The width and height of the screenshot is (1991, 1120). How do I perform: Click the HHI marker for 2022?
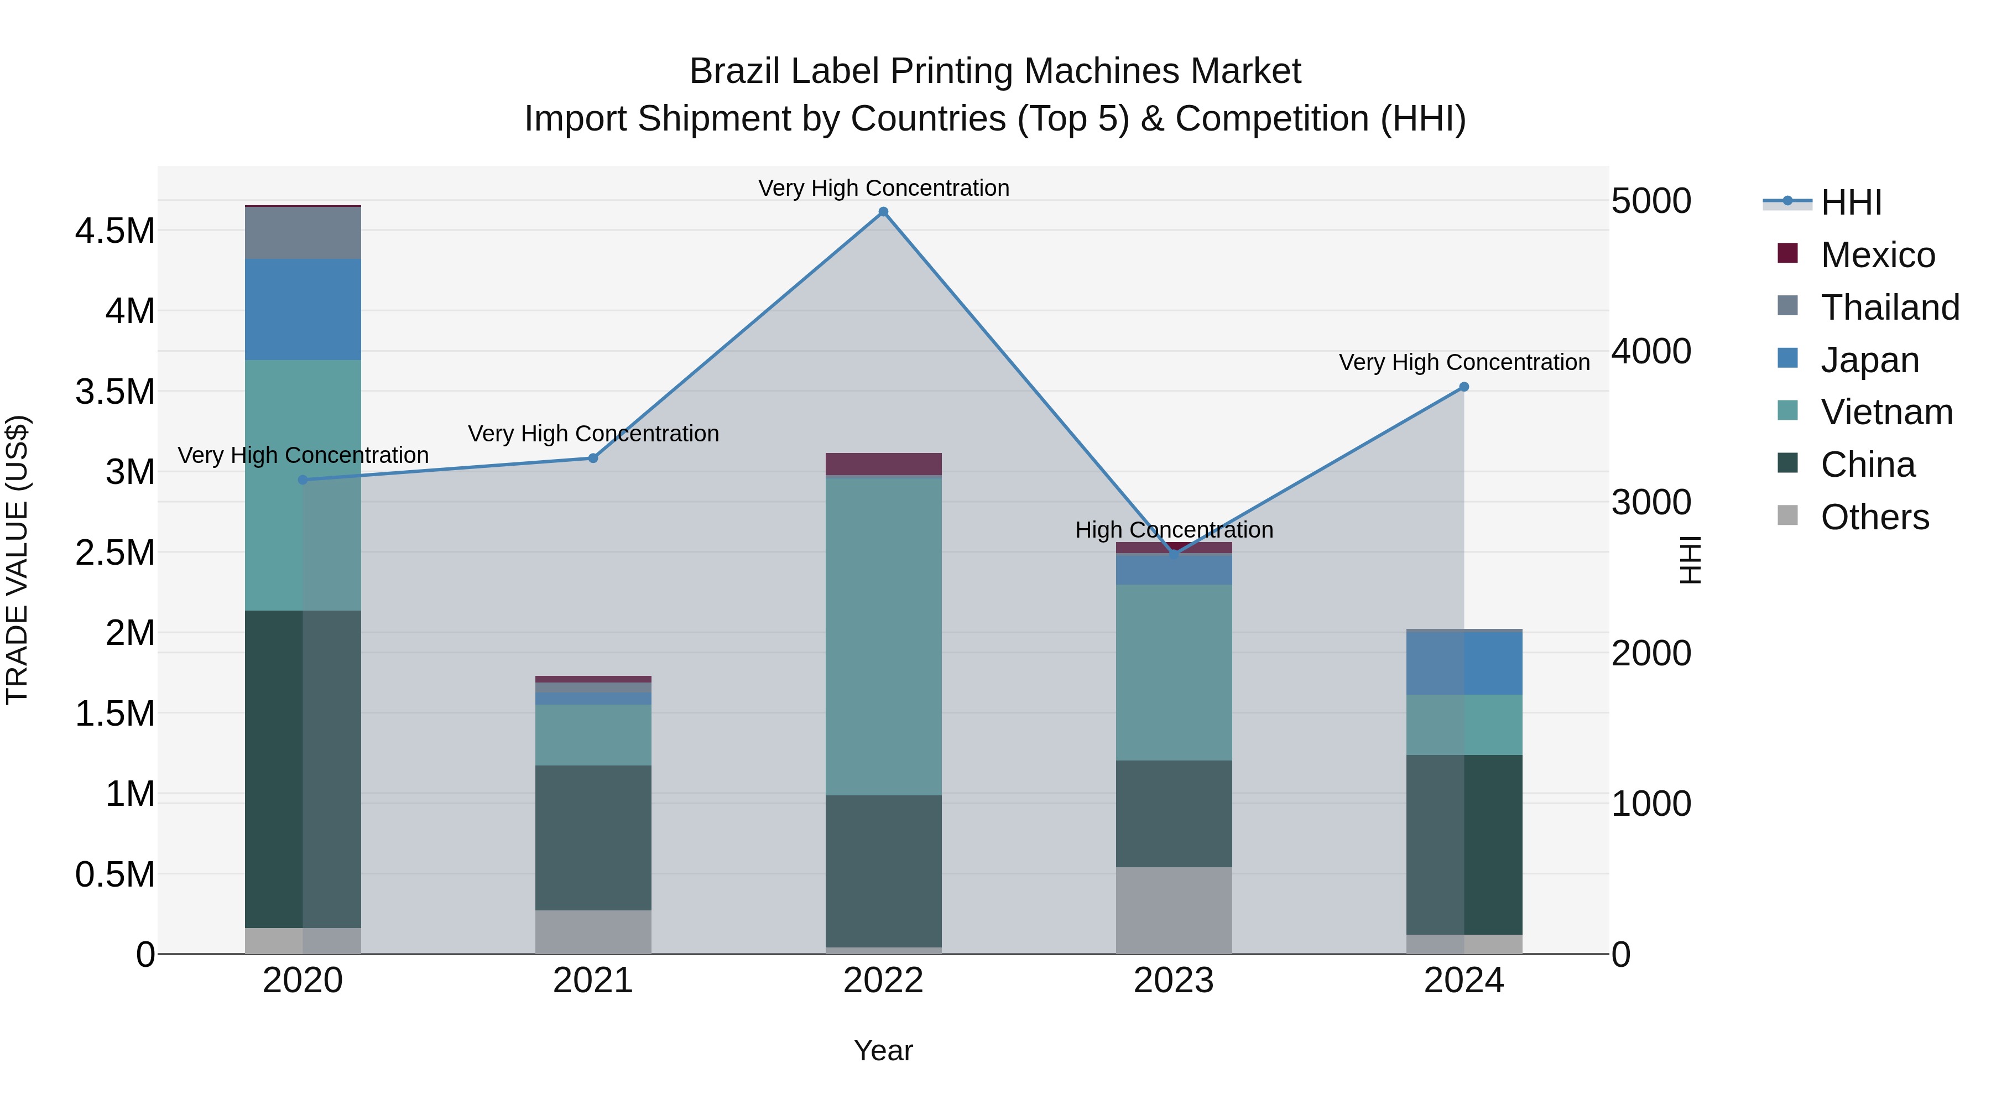(883, 212)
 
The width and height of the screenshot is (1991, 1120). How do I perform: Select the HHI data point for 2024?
(1464, 387)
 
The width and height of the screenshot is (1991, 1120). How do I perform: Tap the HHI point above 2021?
(593, 459)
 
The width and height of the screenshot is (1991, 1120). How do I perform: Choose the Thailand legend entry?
(1889, 308)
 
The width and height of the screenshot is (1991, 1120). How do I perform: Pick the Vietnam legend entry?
(1886, 412)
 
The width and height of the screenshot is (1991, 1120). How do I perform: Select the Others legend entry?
(1874, 517)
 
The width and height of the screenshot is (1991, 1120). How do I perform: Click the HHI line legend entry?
(1851, 202)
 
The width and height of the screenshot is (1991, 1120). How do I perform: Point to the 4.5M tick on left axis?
(114, 230)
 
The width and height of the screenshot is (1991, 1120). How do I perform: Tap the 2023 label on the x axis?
(1173, 981)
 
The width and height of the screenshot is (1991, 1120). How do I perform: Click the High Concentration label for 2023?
(1173, 530)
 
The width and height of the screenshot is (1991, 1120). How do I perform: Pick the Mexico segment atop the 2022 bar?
(883, 464)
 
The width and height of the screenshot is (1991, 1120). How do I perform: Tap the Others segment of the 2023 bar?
(1173, 910)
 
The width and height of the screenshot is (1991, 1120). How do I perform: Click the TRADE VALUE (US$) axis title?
(17, 560)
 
